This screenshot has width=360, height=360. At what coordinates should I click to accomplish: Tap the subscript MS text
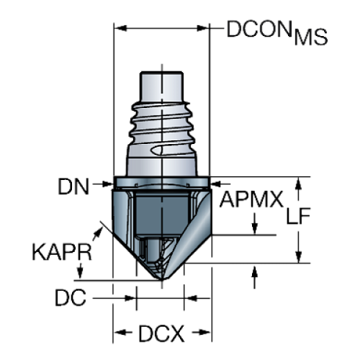tap(309, 39)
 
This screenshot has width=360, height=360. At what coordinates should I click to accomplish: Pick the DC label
tap(71, 298)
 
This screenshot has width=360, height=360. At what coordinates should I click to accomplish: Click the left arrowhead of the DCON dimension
tap(118, 29)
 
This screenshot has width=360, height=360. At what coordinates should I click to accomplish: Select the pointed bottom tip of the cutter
tap(161, 280)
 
